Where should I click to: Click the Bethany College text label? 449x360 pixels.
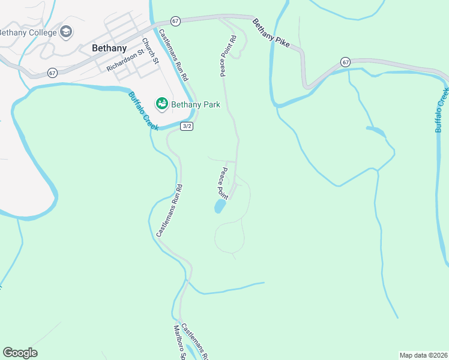coord(28,32)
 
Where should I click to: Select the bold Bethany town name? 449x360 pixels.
coord(109,48)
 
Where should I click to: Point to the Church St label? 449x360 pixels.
coord(149,52)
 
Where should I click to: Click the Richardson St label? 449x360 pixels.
coord(126,60)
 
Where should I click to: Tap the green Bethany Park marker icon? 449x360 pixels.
coord(161,104)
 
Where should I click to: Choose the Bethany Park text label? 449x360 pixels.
coord(196,104)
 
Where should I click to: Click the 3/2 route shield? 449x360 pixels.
coord(187,126)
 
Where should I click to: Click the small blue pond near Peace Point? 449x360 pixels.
coord(220,207)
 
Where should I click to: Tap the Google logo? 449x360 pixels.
coord(20,353)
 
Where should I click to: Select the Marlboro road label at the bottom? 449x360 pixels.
coord(178,343)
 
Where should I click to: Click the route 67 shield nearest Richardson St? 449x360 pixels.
coord(53,73)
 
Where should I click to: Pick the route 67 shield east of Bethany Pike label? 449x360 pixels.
coord(345,62)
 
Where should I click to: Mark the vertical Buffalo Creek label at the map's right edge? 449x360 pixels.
coord(442,110)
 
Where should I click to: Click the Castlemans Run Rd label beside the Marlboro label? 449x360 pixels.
coord(194,341)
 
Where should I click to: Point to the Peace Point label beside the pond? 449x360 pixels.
coord(223,183)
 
